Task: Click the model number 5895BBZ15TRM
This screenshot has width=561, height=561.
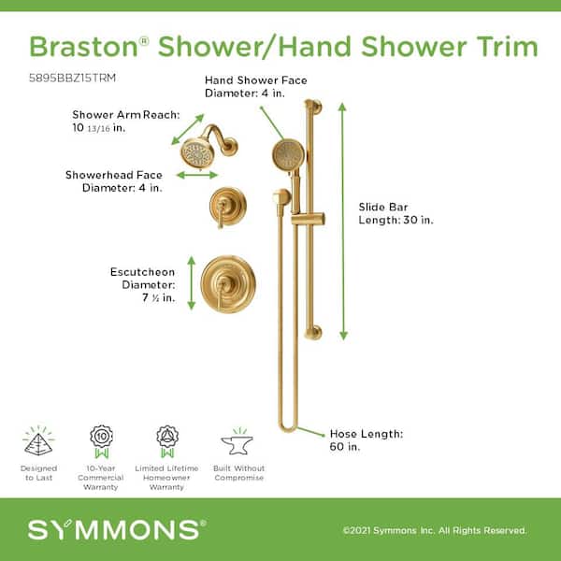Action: point(72,78)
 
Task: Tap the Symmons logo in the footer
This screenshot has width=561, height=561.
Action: point(117,530)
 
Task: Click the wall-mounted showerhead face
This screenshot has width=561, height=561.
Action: point(197,154)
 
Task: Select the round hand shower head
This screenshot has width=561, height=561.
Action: point(288,155)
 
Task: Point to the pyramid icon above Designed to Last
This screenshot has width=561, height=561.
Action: point(38,441)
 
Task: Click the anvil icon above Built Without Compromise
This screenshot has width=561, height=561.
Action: point(237,442)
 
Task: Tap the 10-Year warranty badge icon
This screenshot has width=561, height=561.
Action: point(101,441)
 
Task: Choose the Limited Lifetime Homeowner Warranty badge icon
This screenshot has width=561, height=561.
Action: point(167,441)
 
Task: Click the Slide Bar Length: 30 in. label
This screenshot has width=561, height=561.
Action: point(396,213)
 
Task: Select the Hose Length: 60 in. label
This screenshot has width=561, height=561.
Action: point(366,440)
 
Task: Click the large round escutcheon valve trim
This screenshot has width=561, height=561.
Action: point(228,284)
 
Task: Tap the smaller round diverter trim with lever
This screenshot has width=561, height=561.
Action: point(228,207)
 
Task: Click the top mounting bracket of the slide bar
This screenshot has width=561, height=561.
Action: point(314,107)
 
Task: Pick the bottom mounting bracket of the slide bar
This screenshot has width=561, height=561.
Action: point(314,333)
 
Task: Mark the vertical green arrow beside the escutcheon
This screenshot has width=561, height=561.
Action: point(192,282)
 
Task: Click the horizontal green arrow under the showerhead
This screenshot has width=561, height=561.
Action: point(197,175)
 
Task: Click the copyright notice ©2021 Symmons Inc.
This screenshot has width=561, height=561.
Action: point(435,530)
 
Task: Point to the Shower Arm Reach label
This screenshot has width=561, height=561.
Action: point(126,122)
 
